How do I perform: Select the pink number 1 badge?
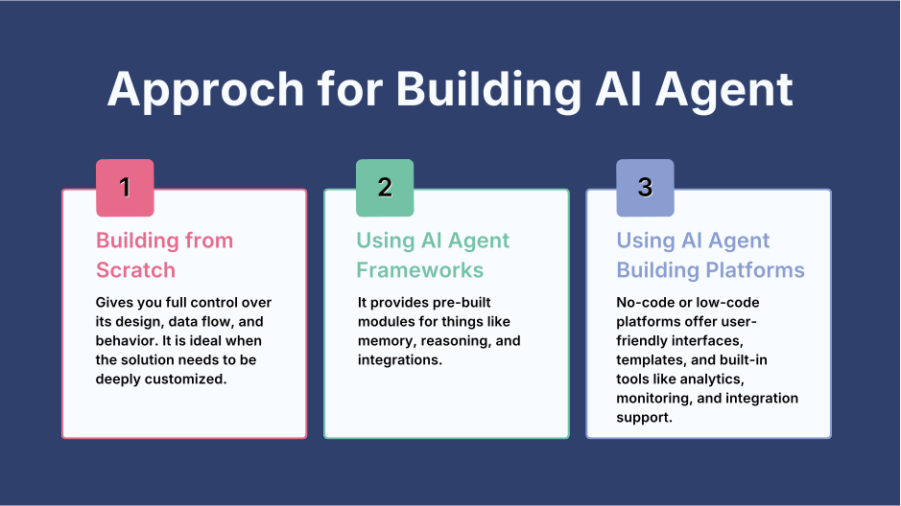(x=125, y=188)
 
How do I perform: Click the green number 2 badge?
(x=385, y=188)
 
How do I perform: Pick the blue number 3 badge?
(x=645, y=188)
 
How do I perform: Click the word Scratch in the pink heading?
(x=136, y=269)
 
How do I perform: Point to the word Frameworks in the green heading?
(x=420, y=269)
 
